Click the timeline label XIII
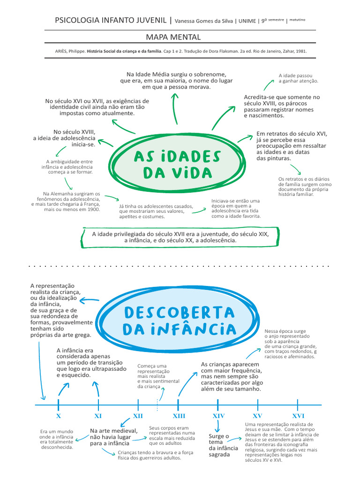coord(179,416)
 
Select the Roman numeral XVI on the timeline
coord(298,416)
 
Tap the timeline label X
coord(58,416)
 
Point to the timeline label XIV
coord(218,416)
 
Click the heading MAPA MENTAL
coord(180,37)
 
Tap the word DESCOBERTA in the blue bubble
coord(180,312)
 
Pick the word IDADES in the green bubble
coord(192,156)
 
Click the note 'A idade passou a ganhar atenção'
coord(298,78)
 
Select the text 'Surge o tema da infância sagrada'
coord(219,445)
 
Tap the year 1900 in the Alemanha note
coord(93,210)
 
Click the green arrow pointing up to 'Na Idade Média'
coord(175,108)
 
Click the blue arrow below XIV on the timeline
coord(217,426)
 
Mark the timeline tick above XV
coord(258,404)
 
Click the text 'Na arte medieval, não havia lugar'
coord(114,434)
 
